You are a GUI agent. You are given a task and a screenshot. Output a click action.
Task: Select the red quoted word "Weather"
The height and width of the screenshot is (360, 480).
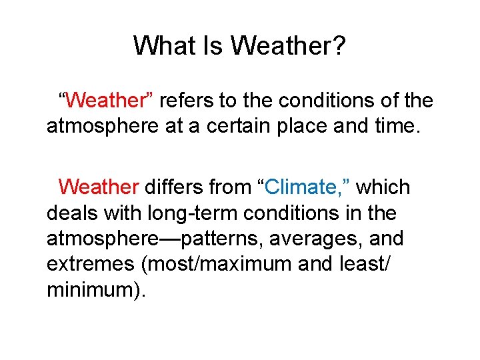click(x=107, y=101)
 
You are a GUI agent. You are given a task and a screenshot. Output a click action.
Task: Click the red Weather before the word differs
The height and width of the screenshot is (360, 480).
click(x=99, y=187)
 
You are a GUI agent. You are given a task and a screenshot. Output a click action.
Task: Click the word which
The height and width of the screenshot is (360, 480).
click(x=383, y=187)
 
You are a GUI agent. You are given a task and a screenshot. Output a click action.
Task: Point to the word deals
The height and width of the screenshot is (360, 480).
click(x=71, y=213)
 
